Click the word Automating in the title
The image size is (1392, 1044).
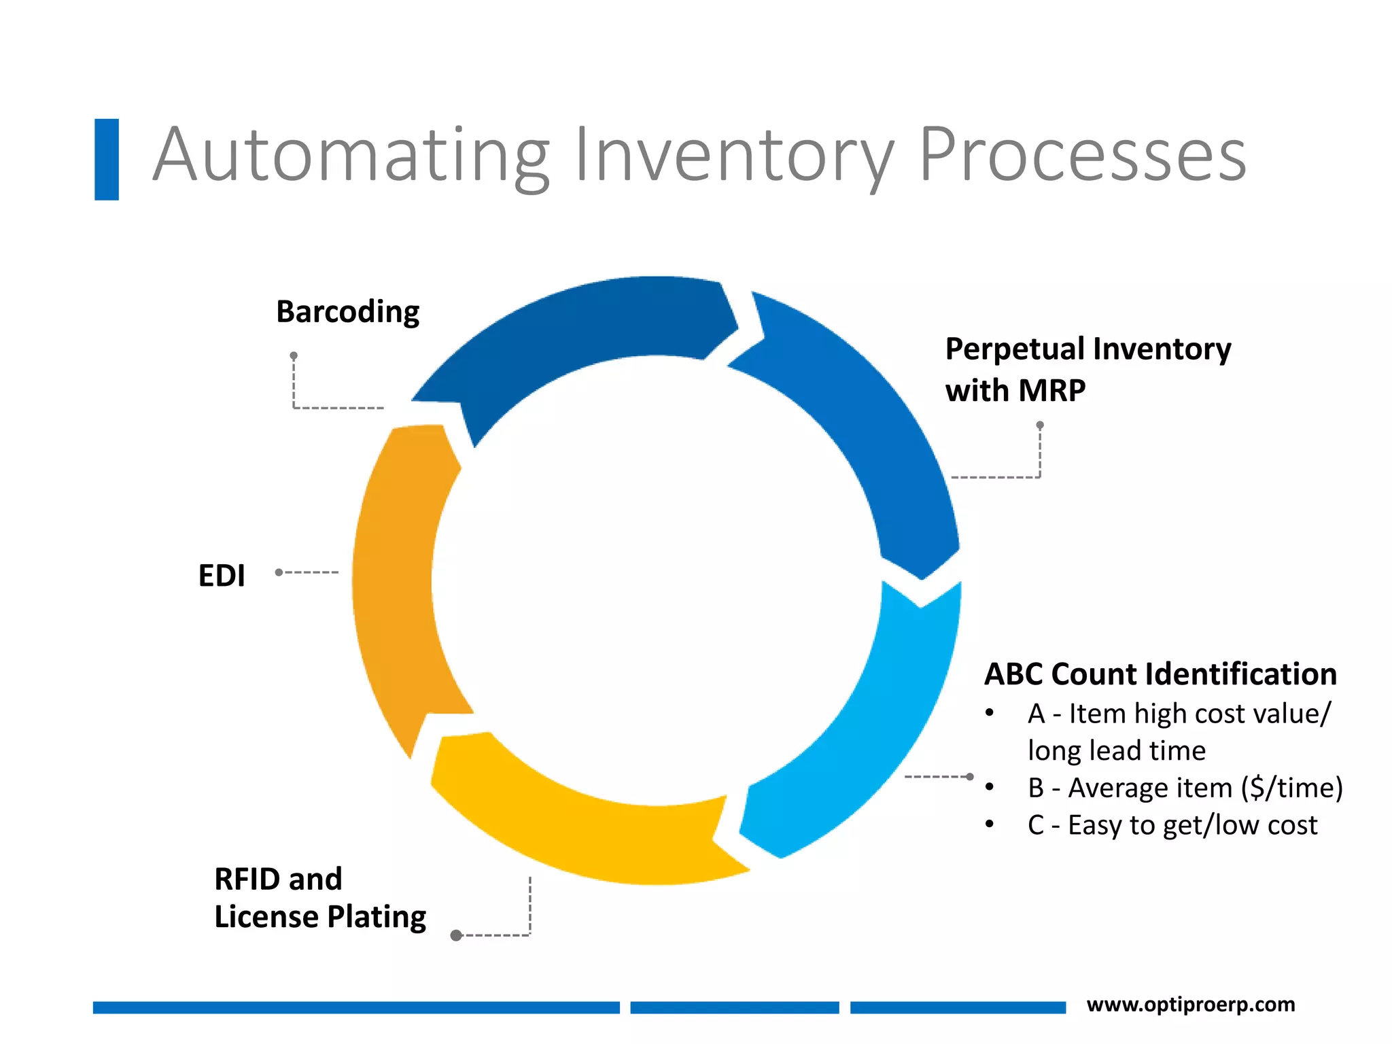pos(350,156)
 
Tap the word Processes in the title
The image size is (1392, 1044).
pos(1082,156)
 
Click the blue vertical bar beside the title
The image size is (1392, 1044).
pos(107,160)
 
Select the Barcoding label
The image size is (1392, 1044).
pos(347,312)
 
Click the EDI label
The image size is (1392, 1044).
pos(222,576)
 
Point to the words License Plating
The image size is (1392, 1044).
pos(319,917)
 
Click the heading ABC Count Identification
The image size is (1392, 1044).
pos(1160,674)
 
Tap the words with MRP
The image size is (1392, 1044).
pos(1015,391)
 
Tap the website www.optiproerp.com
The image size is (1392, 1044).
pos(1191,1005)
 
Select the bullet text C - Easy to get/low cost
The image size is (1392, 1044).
pos(1172,825)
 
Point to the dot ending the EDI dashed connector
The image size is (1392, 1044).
pos(279,572)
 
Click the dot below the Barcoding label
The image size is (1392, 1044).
pos(294,355)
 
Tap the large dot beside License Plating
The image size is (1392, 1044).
pos(457,936)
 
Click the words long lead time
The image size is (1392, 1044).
pos(1116,751)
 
